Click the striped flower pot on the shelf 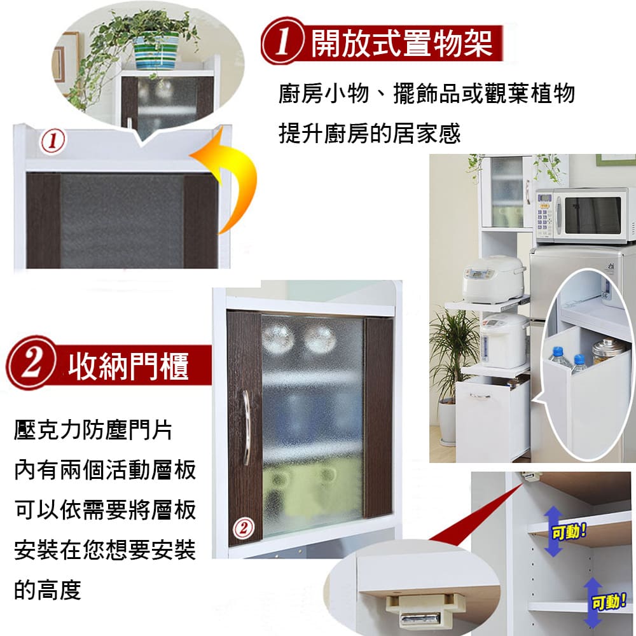coord(156,51)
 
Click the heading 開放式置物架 coord(402,43)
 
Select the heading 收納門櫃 coord(128,366)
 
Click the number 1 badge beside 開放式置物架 coord(283,42)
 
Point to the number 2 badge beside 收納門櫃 coord(32,363)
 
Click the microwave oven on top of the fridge coord(584,215)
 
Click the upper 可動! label coord(569,531)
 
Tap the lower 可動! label coord(609,602)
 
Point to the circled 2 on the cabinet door coord(244,528)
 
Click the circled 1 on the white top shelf coord(53,141)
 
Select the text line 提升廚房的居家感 coord(370,133)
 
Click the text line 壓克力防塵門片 coord(93,430)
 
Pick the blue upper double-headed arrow coord(553,532)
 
